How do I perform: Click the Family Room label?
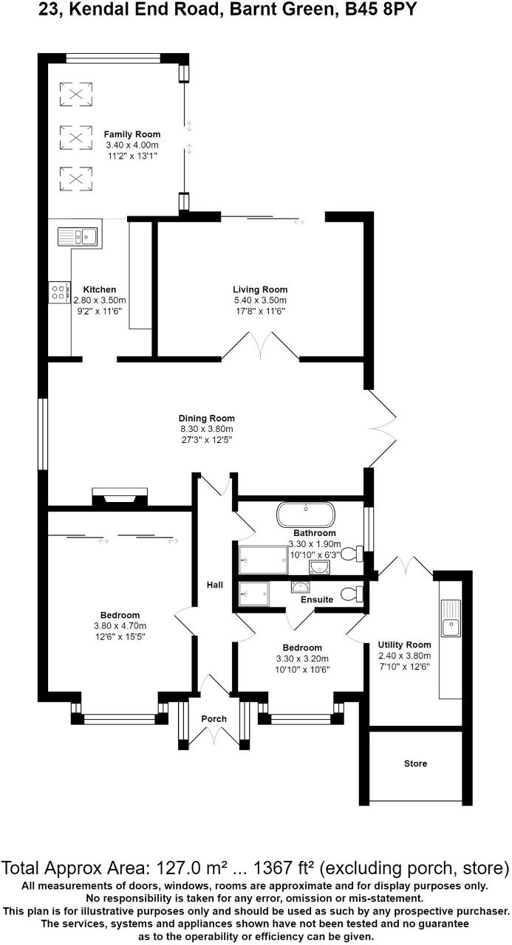click(132, 134)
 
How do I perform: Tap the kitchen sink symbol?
click(78, 237)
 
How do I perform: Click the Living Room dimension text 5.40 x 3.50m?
click(260, 300)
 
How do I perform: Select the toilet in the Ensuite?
click(355, 593)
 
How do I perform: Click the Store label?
click(415, 763)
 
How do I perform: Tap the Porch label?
click(214, 718)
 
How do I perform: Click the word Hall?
click(215, 585)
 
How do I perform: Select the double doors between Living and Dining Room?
click(260, 346)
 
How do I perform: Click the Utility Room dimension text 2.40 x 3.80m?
click(404, 656)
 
